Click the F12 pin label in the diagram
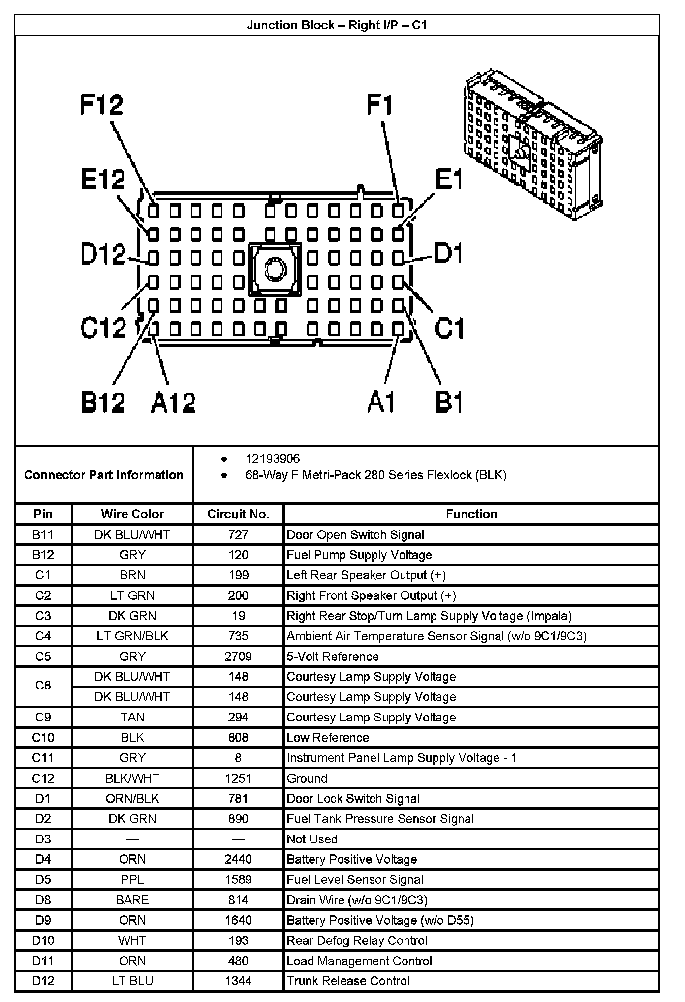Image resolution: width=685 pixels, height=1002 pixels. click(x=102, y=105)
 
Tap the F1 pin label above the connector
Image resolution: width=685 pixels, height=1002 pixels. click(x=380, y=105)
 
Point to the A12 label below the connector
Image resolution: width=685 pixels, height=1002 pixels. click(x=173, y=402)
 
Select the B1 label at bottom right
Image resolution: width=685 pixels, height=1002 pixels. click(x=449, y=402)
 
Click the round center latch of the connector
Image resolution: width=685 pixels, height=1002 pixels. click(x=275, y=269)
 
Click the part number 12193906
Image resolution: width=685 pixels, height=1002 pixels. click(x=273, y=459)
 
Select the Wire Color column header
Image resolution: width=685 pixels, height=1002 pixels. click(x=132, y=514)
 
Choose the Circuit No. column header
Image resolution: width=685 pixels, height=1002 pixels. click(x=238, y=514)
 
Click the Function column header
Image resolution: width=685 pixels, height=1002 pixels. click(x=471, y=514)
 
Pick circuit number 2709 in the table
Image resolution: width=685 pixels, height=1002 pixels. click(x=238, y=657)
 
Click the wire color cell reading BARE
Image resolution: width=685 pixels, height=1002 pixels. click(x=132, y=900)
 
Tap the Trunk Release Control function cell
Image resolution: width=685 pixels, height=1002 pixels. click(x=348, y=981)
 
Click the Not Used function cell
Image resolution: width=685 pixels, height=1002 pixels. click(x=312, y=839)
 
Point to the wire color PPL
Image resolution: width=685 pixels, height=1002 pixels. click(x=132, y=879)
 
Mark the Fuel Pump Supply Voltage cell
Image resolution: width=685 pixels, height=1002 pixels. click(x=359, y=555)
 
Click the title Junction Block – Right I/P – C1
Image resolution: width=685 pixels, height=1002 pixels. click(x=337, y=25)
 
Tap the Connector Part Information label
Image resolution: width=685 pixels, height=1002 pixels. click(x=104, y=475)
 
